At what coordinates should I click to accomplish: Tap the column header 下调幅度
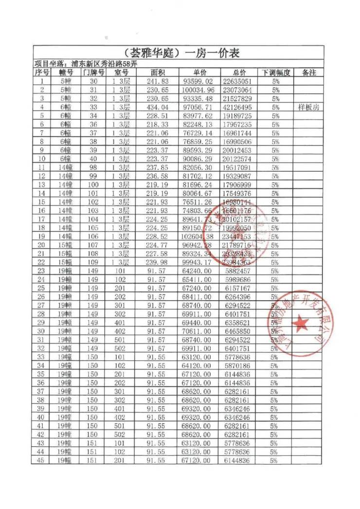tap(275, 73)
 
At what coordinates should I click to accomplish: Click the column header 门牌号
tap(94, 73)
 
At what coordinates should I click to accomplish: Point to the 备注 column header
tap(309, 73)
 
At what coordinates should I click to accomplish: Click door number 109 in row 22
tap(94, 262)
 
